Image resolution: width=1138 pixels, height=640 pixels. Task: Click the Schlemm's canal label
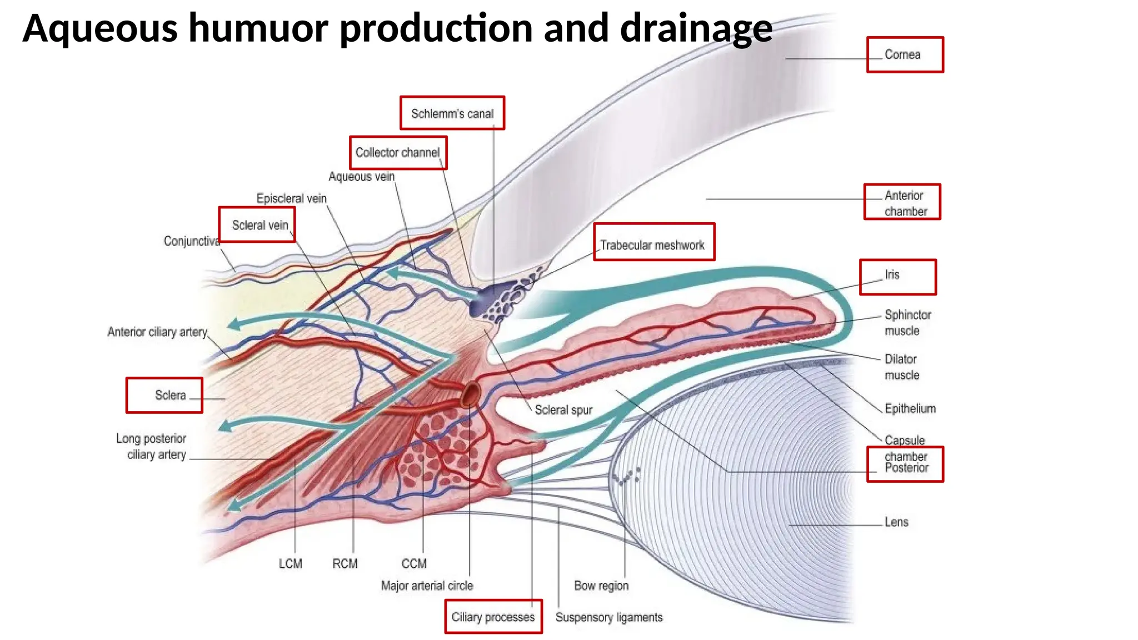[452, 114]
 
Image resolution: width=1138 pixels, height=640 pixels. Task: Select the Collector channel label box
[397, 153]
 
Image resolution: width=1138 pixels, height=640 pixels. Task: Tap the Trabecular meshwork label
[652, 245]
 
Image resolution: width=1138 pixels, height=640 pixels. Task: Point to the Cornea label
[902, 54]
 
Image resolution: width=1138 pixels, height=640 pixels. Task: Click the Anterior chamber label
[905, 203]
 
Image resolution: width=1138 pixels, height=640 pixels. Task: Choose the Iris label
[892, 274]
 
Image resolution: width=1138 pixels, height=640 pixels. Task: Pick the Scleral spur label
[563, 410]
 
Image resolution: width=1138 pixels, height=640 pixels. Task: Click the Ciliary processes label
[493, 617]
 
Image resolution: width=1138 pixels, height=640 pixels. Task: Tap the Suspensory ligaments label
[609, 617]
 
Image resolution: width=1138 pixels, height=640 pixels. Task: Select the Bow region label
[601, 586]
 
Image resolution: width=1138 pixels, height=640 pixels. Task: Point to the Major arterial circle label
[427, 586]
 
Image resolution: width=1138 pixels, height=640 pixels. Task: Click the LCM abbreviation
[290, 564]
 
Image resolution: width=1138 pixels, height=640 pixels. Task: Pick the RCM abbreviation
[345, 564]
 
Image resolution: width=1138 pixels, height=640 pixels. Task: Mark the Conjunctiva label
[191, 241]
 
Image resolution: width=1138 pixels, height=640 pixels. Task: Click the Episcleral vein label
[291, 198]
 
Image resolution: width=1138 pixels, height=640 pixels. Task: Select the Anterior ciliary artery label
[157, 332]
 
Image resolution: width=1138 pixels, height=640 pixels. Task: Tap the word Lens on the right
[896, 522]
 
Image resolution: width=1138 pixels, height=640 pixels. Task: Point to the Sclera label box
[164, 395]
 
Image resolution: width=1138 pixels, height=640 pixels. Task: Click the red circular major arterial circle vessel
[471, 394]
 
